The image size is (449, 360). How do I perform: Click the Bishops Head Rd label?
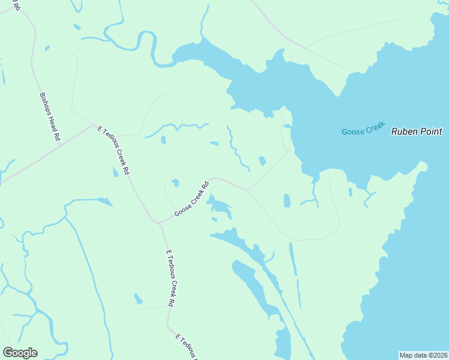(50, 116)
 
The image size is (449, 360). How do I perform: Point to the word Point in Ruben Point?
(431, 131)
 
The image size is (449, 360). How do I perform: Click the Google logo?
(20, 353)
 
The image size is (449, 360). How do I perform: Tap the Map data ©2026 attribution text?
(423, 355)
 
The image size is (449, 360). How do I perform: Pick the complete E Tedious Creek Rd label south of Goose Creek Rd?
(170, 278)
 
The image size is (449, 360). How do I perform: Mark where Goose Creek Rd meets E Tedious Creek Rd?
(159, 223)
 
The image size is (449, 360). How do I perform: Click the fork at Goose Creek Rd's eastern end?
(247, 191)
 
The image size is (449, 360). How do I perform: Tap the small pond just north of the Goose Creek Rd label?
(175, 182)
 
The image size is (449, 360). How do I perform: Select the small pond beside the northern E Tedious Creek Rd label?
(115, 173)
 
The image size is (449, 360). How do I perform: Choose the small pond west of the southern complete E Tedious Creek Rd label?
(139, 299)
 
